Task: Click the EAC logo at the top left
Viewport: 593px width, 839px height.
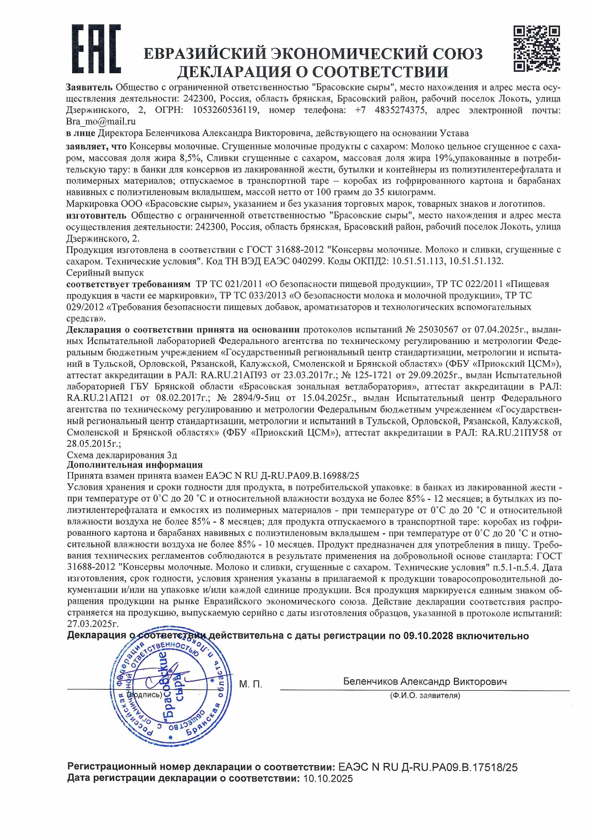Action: point(96,49)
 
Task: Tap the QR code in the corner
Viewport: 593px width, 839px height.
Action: point(536,49)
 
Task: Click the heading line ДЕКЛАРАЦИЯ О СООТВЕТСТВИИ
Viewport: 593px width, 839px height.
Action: point(313,72)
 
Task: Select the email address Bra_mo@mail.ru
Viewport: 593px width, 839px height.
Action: point(101,121)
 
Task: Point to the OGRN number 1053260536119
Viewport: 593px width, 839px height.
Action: point(226,110)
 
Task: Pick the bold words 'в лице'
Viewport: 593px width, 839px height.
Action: point(80,133)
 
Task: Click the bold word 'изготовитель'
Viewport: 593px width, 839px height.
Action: point(96,215)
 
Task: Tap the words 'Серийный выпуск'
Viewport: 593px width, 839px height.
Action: point(105,273)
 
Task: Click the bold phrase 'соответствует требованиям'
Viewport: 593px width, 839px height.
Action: point(128,284)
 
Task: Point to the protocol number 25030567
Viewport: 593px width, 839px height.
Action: point(438,330)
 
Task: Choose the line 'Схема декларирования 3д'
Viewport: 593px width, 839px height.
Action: point(121,455)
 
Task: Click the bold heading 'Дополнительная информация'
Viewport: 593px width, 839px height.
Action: point(134,465)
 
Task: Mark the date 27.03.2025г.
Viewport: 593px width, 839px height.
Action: point(93,624)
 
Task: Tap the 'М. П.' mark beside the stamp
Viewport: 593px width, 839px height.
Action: point(251,684)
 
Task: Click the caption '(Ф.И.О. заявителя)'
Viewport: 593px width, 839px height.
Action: point(425,695)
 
